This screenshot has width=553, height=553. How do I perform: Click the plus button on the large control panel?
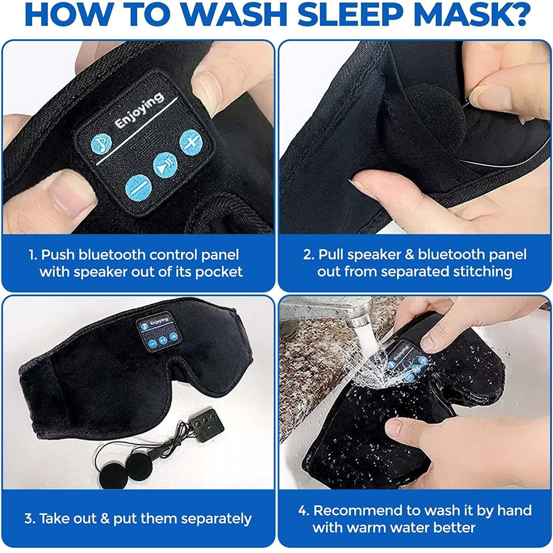pos(190,142)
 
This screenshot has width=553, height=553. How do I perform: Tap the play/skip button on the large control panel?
pos(165,165)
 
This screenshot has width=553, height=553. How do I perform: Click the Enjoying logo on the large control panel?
pos(139,110)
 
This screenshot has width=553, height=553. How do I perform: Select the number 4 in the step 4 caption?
pos(303,511)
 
